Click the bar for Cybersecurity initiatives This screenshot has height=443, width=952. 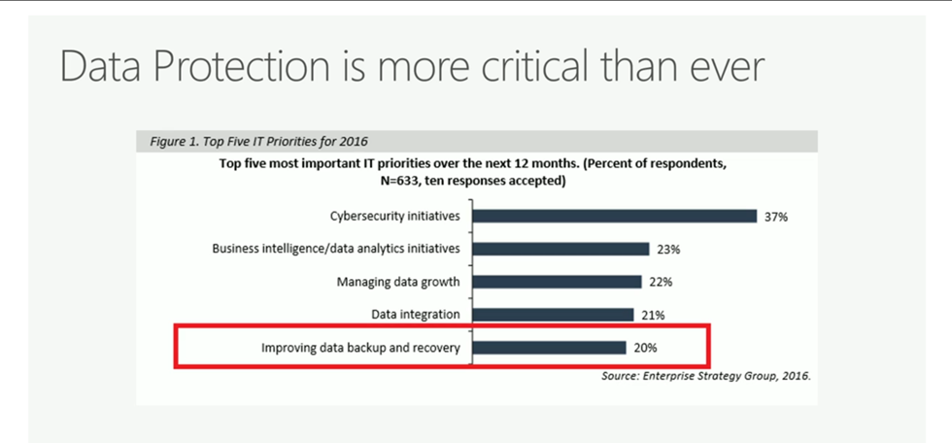[x=614, y=216]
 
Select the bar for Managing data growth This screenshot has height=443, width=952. [x=557, y=282]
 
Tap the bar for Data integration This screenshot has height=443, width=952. [x=553, y=315]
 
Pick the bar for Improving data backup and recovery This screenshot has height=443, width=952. [x=549, y=347]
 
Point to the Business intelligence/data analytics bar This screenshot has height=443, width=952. [x=561, y=249]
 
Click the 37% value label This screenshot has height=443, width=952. [x=775, y=217]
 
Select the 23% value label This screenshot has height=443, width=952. [x=667, y=250]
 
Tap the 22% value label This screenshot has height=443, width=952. [x=661, y=283]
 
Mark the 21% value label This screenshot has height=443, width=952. [x=653, y=315]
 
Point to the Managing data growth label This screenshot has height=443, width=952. [x=398, y=282]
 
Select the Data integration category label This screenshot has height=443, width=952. [x=416, y=315]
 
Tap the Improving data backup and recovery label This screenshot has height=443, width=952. [x=360, y=347]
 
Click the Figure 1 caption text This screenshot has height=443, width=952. [x=258, y=141]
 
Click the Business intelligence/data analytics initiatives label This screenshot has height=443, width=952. [x=336, y=249]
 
